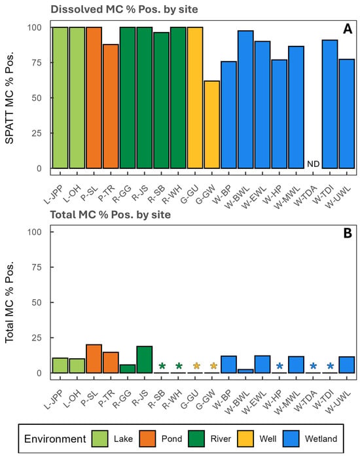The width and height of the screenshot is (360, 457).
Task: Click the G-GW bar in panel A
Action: click(x=212, y=125)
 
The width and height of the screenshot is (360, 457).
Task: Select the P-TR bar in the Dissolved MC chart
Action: click(x=111, y=106)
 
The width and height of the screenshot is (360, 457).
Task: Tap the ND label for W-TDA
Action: click(x=313, y=164)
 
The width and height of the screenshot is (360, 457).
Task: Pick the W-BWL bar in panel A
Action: click(x=245, y=100)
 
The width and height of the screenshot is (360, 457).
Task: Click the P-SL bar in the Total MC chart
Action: click(x=94, y=359)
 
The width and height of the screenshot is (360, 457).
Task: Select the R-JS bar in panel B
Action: click(x=145, y=359)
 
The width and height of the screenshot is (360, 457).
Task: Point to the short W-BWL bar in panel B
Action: click(x=245, y=371)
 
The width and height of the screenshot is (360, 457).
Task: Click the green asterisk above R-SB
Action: click(x=162, y=366)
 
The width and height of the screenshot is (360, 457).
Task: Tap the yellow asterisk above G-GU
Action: click(x=196, y=366)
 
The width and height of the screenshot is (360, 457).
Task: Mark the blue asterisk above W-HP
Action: click(x=279, y=366)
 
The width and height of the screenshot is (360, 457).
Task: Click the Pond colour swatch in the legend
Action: click(x=147, y=439)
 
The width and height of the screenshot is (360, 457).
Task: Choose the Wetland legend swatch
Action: click(x=291, y=439)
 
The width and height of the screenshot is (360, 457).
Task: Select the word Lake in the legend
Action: click(x=123, y=439)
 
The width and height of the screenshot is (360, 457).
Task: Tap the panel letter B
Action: click(x=348, y=234)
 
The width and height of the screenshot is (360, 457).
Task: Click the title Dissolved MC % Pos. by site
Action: click(x=124, y=9)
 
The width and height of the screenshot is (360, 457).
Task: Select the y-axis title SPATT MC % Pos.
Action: click(x=10, y=98)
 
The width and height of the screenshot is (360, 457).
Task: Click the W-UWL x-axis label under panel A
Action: click(x=338, y=196)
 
